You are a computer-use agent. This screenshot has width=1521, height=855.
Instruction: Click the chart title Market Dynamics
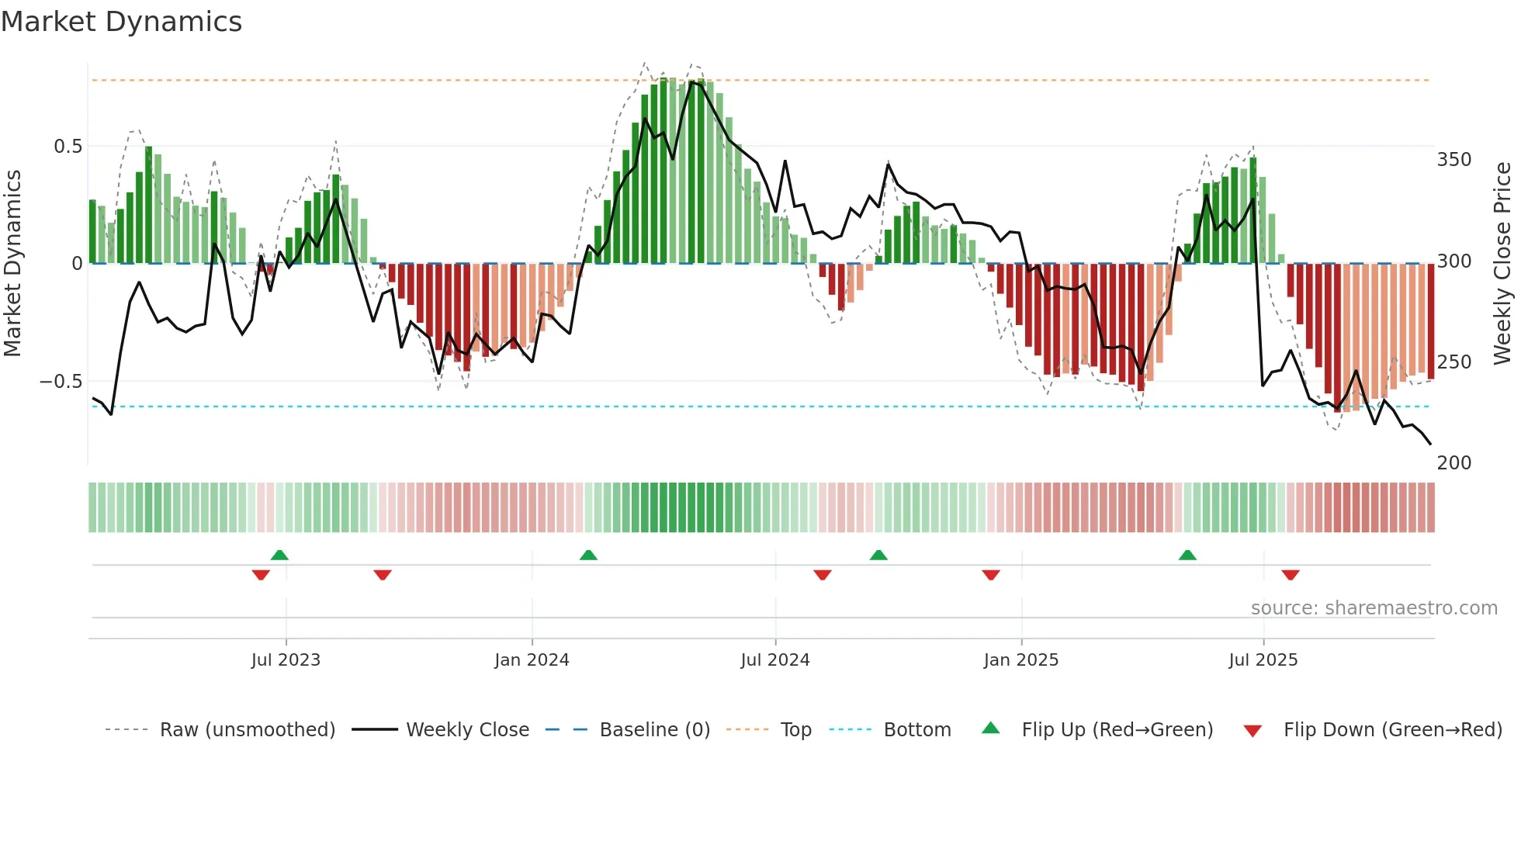pos(122,22)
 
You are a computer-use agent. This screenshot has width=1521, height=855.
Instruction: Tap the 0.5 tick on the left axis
pos(68,147)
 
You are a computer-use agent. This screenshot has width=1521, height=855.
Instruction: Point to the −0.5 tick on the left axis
pos(61,382)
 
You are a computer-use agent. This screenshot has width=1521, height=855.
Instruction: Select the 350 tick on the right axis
pos(1454,160)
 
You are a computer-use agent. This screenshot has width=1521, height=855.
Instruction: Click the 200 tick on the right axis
pos(1454,463)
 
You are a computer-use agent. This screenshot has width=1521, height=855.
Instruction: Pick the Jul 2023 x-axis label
pos(286,660)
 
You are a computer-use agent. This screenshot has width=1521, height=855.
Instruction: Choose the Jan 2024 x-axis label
pos(532,660)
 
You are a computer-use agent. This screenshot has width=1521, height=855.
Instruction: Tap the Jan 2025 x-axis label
pos(1020,660)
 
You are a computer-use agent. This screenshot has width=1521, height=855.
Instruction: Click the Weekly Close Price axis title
pos(1502,264)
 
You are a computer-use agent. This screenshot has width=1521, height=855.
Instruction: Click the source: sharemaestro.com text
pos(1374,608)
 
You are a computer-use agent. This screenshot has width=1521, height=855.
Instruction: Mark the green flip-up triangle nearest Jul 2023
pos(279,555)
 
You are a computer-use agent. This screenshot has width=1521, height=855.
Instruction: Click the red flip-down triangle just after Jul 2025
pos(1291,575)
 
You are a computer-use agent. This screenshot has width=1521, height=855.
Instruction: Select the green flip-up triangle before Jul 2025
pos(1187,555)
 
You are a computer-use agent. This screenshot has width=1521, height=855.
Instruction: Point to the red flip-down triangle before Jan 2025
pos(991,575)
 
